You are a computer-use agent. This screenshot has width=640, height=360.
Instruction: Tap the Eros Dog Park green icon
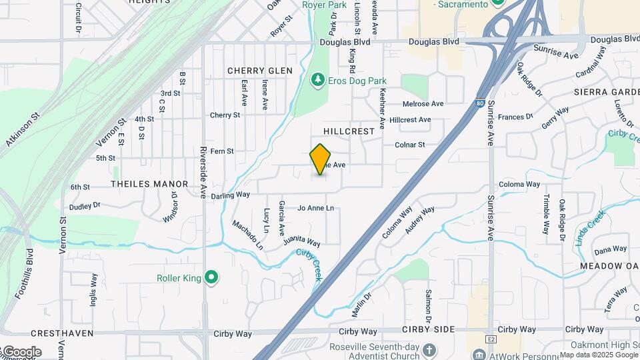318,81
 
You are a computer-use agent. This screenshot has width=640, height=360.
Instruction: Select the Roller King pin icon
212,277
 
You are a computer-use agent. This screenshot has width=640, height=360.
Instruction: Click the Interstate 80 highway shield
480,103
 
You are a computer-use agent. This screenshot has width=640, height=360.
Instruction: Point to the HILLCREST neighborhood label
349,131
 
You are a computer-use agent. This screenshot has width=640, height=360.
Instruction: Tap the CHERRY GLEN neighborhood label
260,71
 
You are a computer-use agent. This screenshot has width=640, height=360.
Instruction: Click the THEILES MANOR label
149,183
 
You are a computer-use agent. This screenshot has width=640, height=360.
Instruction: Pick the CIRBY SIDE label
429,329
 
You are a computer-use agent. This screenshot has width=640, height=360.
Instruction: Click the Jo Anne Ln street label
315,208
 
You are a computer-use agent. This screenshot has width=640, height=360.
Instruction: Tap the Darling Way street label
230,195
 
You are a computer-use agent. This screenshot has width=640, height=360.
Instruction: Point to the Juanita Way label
301,240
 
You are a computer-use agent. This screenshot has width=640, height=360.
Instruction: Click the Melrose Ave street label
423,104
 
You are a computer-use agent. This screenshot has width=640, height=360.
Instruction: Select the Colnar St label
410,145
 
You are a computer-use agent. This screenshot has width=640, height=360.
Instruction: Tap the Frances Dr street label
515,117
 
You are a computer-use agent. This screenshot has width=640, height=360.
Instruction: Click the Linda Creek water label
591,227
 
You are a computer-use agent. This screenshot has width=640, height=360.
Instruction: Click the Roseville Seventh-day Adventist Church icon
430,349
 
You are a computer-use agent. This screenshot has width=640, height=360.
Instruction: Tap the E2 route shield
491,339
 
